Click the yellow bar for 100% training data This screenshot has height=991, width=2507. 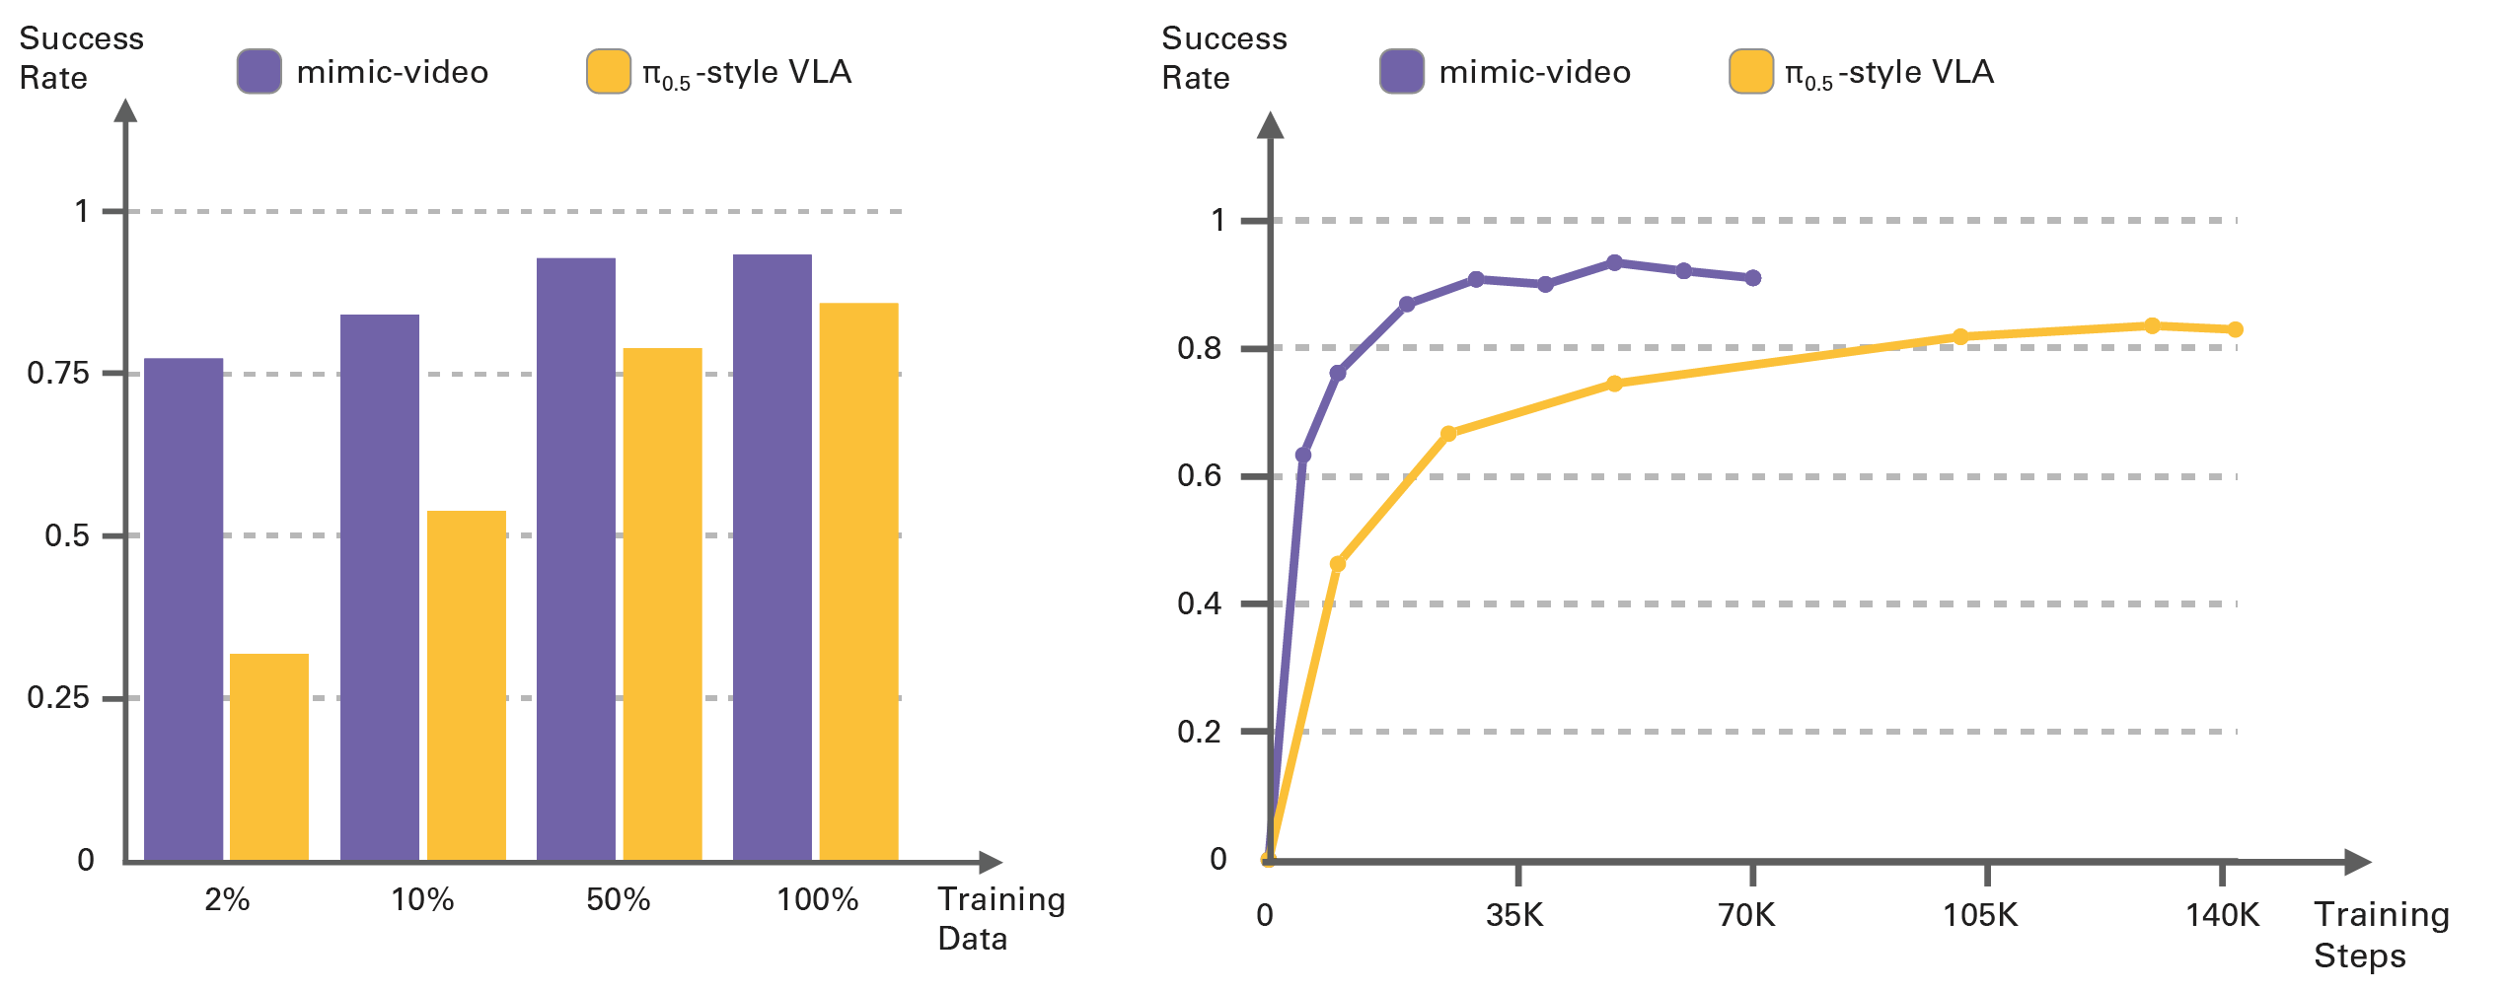[859, 582]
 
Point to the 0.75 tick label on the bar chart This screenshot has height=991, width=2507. [58, 374]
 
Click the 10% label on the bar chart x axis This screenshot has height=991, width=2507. [422, 899]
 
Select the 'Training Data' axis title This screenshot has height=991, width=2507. [1000, 919]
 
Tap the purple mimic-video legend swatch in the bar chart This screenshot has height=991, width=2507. [259, 72]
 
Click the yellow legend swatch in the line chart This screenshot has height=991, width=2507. [1751, 72]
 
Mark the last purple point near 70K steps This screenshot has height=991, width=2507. [1753, 278]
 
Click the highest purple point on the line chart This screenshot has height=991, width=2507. [1615, 263]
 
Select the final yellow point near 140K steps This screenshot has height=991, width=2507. [2236, 329]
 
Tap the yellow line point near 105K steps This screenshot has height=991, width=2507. [1960, 337]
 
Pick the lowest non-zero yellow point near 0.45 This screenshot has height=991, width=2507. [1338, 564]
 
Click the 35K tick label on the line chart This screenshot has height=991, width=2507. [1514, 916]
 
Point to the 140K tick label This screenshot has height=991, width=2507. [2222, 916]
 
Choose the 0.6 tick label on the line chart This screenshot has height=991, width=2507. [1199, 476]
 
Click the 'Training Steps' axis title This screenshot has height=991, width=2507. [2381, 936]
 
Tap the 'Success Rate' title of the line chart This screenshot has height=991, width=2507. [1223, 58]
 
